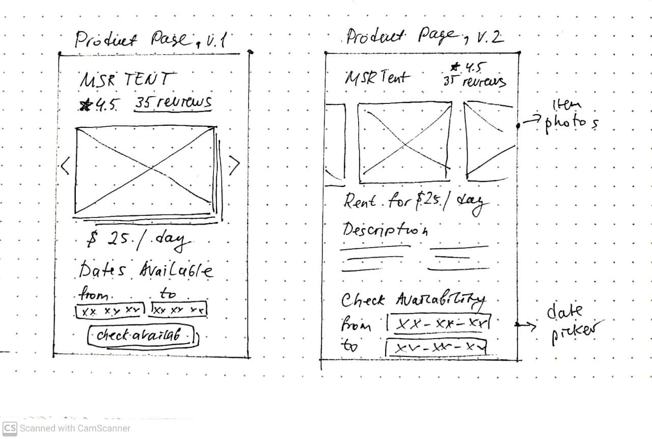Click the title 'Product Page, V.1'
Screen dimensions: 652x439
[x=152, y=40]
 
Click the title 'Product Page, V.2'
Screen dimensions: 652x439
[x=424, y=37]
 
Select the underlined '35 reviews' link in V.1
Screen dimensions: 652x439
[x=173, y=102]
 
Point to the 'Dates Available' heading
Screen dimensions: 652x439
[x=146, y=269]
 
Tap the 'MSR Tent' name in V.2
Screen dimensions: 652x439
[x=377, y=77]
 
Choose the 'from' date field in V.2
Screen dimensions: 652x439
[x=439, y=322]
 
